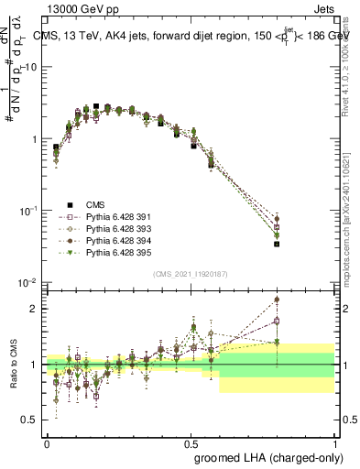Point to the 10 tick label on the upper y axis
click(30, 68)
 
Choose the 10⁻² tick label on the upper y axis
click(28, 282)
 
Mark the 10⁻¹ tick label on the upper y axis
click(28, 211)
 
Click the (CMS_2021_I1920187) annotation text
click(191, 274)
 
